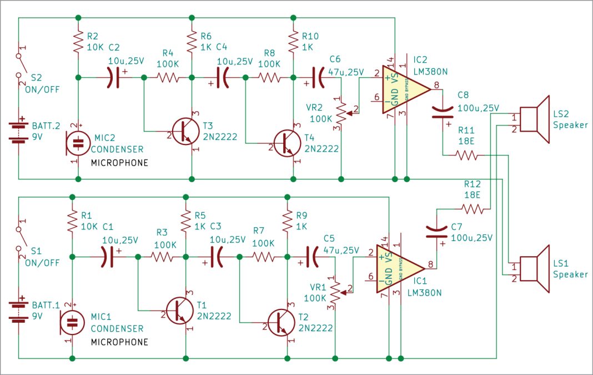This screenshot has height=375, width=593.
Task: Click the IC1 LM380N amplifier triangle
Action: [x=398, y=269]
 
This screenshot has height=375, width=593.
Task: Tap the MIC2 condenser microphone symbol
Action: [x=78, y=143]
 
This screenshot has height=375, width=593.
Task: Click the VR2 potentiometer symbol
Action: [x=340, y=112]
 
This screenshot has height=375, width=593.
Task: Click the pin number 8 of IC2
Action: [x=436, y=85]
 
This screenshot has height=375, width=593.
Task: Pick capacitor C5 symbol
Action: [x=313, y=257]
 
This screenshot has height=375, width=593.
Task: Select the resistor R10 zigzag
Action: [x=293, y=42]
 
